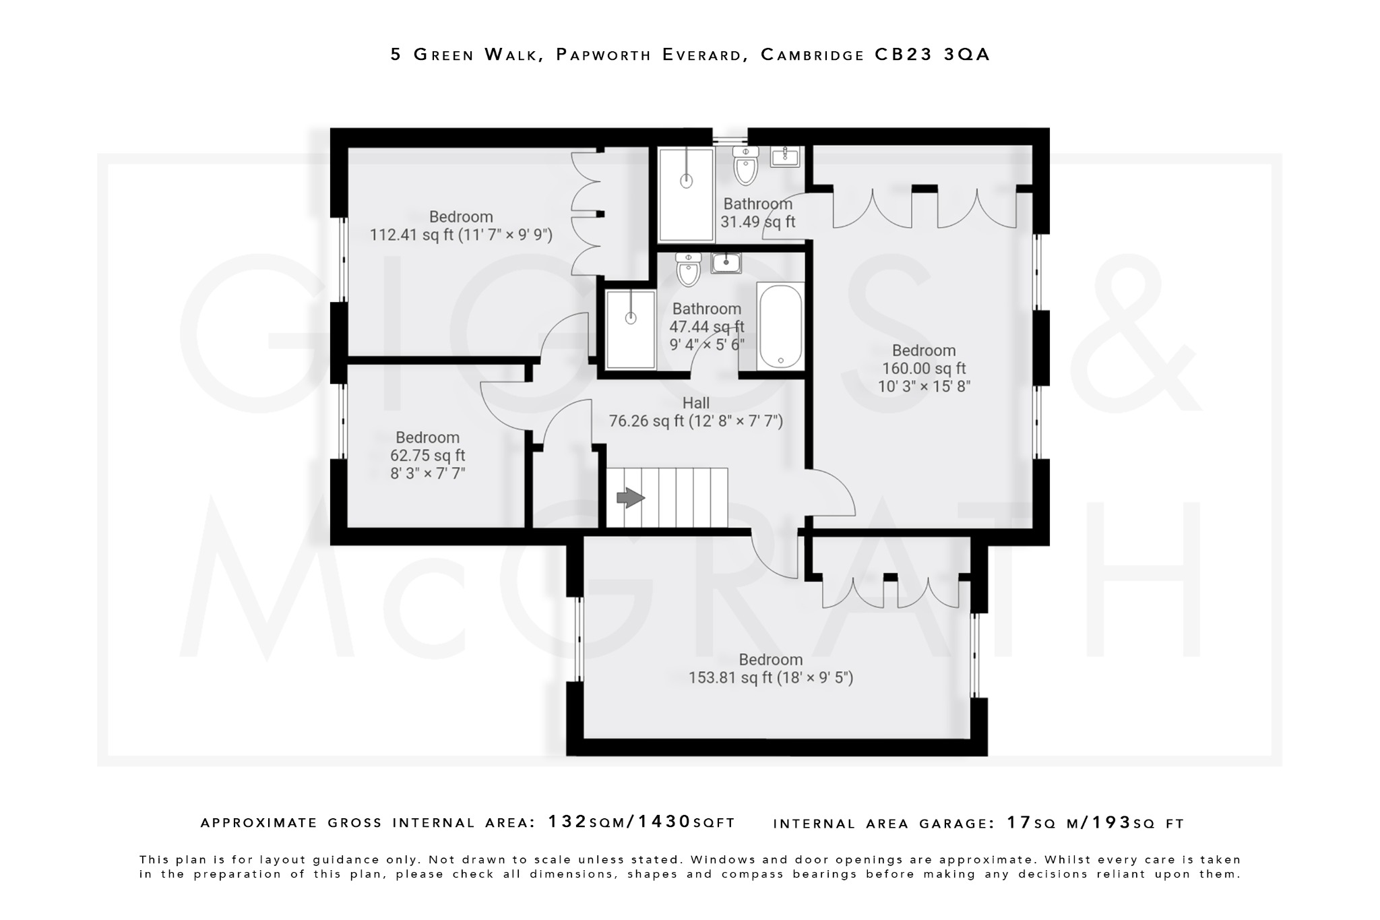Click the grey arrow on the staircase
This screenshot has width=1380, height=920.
[x=631, y=498]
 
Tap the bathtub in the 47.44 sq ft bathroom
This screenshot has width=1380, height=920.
[x=780, y=326]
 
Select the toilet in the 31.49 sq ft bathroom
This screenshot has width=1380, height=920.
[x=746, y=166]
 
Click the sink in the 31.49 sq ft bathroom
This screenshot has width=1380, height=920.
[x=785, y=157]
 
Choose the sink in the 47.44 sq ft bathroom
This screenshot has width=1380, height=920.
[x=726, y=262]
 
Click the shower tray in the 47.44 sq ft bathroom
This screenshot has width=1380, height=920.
[x=631, y=330]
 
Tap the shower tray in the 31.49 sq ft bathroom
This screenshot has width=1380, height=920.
[x=686, y=195]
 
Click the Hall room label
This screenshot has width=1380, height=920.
[x=695, y=403]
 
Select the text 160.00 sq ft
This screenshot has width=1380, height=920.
[x=924, y=369]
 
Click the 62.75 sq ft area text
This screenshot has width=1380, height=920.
[x=427, y=456]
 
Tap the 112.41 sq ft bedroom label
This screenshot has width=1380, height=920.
[x=461, y=217]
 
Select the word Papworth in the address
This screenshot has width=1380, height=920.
[x=603, y=55]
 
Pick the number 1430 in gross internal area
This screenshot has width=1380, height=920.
[x=664, y=822]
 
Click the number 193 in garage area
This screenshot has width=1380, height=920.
[x=1111, y=822]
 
